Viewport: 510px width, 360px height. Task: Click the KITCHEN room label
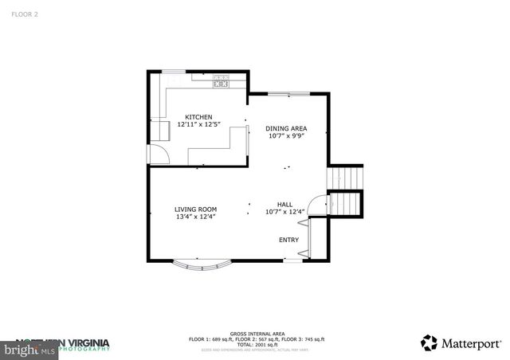198,117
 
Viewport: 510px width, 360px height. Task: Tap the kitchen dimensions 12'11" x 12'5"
198,124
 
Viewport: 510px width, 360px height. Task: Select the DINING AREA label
286,128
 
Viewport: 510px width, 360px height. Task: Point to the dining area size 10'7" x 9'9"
286,135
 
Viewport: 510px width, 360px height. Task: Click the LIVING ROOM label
195,209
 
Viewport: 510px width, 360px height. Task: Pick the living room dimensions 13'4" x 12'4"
195,217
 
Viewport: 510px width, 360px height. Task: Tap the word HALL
285,205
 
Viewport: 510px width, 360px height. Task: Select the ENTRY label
288,240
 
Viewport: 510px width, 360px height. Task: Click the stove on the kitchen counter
221,80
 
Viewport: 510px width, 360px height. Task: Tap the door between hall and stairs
318,205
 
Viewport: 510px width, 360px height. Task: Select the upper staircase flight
346,178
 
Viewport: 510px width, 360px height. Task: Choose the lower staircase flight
346,205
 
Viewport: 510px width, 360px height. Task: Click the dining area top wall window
288,94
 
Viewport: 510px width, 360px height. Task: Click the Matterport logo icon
430,342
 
